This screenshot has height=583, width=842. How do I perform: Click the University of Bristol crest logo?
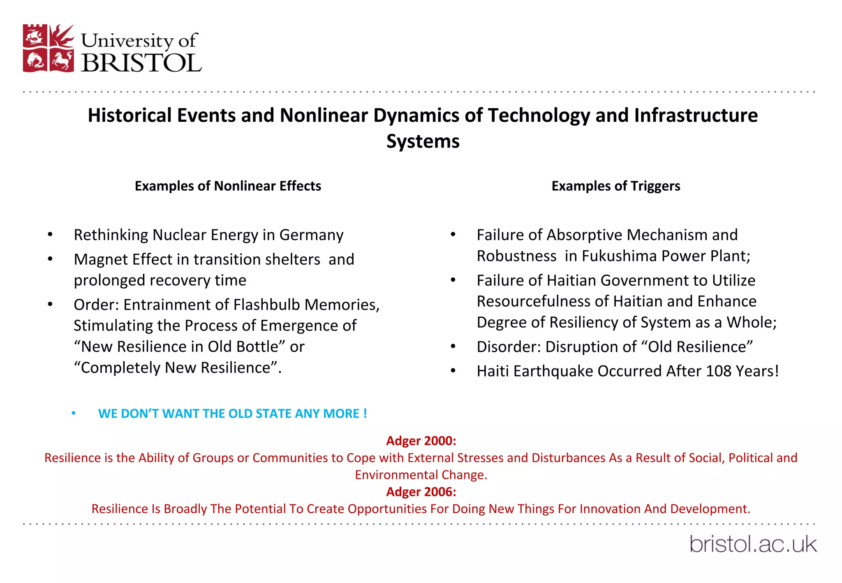point(49,49)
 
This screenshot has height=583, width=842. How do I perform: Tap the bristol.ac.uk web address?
point(753,544)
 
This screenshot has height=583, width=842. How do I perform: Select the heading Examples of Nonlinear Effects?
point(228,186)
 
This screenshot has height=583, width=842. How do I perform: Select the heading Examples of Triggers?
point(615,186)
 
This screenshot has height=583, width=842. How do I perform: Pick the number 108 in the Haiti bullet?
point(719,371)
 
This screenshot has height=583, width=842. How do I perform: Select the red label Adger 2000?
point(421,441)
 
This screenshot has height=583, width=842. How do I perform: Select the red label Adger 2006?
point(421,492)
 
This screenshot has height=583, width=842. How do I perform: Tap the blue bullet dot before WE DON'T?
point(74,413)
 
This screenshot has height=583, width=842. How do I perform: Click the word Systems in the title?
point(423,141)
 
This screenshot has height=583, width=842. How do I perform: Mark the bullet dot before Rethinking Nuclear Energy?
point(50,234)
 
